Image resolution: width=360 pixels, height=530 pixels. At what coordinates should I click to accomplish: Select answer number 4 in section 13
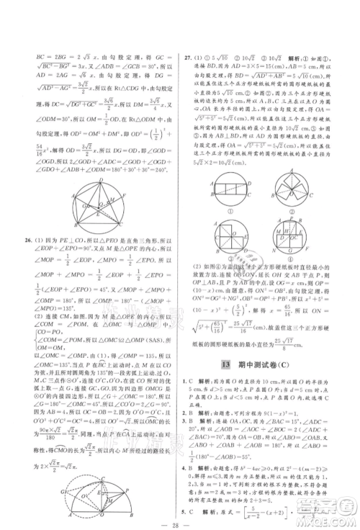click(x=184, y=451)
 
